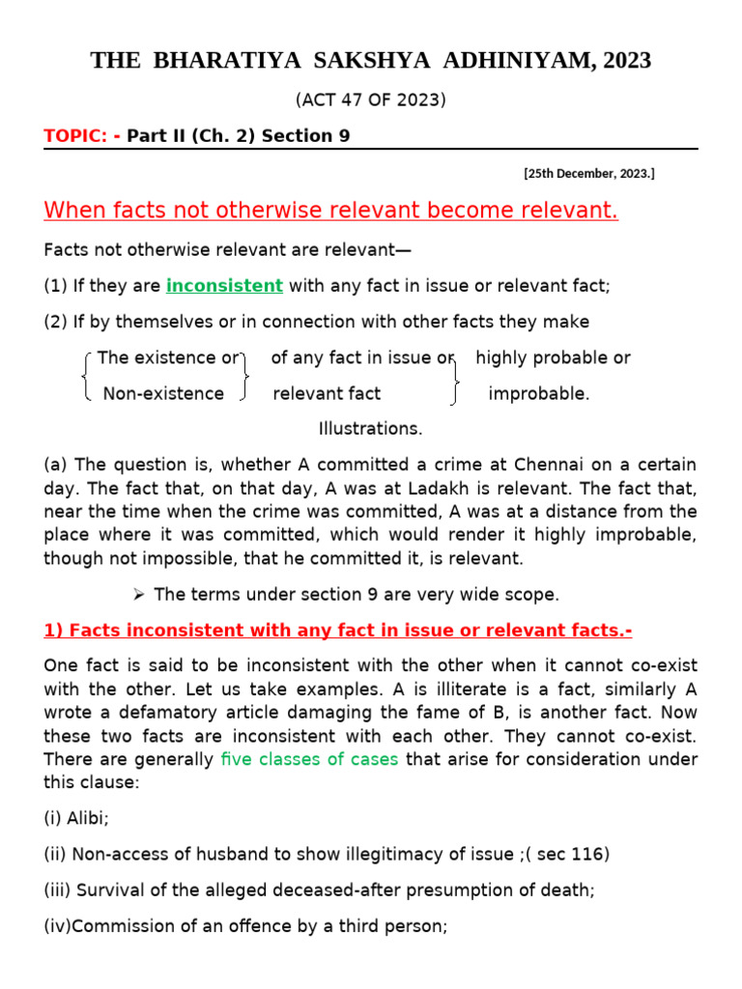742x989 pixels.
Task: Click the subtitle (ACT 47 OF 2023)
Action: click(x=370, y=99)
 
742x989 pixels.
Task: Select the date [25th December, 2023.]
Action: click(x=589, y=174)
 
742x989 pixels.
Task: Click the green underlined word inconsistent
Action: click(x=224, y=286)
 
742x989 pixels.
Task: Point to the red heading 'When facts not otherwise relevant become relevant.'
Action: click(x=330, y=211)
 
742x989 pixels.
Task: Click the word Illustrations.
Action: click(x=370, y=428)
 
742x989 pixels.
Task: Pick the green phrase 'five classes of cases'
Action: click(x=308, y=759)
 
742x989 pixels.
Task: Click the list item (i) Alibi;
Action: click(x=76, y=818)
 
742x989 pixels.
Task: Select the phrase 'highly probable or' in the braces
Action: click(x=553, y=357)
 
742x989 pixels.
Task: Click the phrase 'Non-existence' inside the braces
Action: click(x=163, y=393)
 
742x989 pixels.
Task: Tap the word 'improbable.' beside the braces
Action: click(x=538, y=393)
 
